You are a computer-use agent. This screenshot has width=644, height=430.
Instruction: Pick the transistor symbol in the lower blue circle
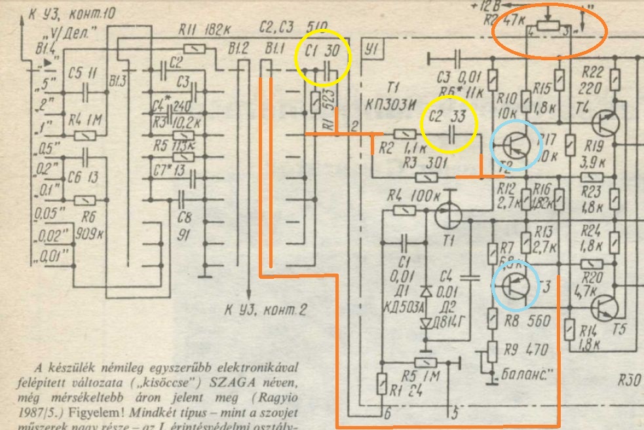(x=516, y=285)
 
